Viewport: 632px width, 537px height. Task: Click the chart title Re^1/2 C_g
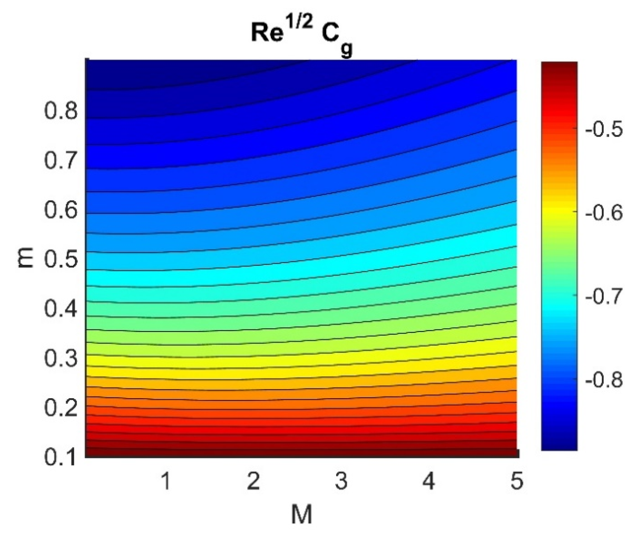[301, 37]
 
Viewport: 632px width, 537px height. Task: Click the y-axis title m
[26, 258]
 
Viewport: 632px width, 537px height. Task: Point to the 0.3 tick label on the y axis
[61, 358]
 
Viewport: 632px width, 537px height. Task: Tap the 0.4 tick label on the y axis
[61, 308]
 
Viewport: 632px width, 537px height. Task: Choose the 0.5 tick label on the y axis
[61, 259]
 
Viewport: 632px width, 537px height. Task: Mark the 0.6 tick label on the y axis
[61, 210]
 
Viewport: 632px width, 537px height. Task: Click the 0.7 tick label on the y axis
[61, 160]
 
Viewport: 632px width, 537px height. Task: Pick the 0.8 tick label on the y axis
[61, 111]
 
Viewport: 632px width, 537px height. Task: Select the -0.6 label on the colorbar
[604, 212]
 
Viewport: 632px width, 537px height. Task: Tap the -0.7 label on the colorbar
[604, 296]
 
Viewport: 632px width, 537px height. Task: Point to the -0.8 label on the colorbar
[604, 380]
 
